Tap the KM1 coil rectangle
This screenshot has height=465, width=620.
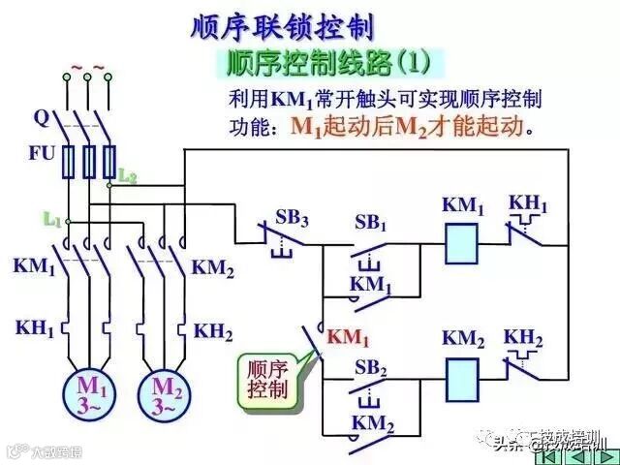pyautogui.click(x=464, y=243)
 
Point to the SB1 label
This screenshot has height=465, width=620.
pyautogui.click(x=369, y=222)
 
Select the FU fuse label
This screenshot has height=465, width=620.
pyautogui.click(x=42, y=153)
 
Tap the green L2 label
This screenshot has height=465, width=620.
pyautogui.click(x=128, y=175)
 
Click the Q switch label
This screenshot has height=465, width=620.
pyautogui.click(x=41, y=118)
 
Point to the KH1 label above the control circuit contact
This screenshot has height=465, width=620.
pyautogui.click(x=528, y=205)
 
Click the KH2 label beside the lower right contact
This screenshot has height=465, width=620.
pyautogui.click(x=523, y=337)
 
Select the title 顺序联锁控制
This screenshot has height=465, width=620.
pyautogui.click(x=281, y=26)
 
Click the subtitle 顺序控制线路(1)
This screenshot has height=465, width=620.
pyautogui.click(x=327, y=64)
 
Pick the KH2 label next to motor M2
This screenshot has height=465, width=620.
pyautogui.click(x=213, y=331)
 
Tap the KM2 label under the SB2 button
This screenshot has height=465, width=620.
pyautogui.click(x=371, y=423)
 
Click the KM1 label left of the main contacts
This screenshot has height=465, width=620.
pyautogui.click(x=34, y=265)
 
